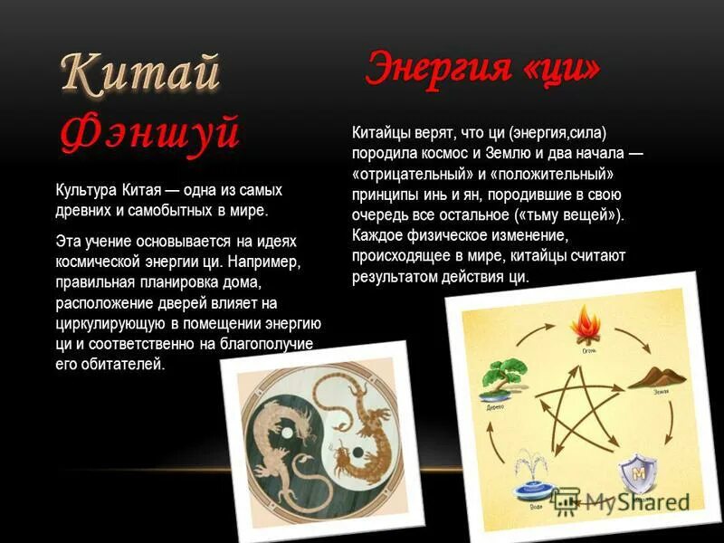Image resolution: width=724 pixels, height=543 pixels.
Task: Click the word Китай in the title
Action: [140, 73]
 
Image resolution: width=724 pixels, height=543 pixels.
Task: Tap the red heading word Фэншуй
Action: [150, 131]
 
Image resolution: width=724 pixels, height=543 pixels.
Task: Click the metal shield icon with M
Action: [637, 474]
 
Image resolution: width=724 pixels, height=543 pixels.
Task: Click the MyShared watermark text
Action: [633, 500]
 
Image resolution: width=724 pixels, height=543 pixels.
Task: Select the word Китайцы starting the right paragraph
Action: [379, 134]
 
